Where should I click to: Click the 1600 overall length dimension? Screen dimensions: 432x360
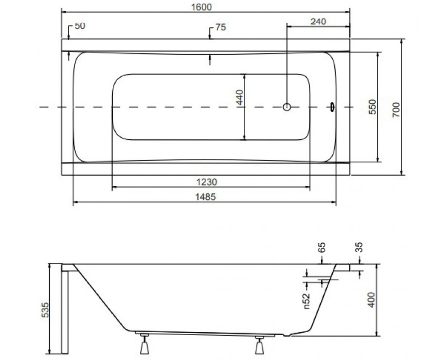202,7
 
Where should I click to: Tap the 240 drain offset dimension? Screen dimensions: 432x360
318,22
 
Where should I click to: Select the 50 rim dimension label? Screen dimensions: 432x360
80,26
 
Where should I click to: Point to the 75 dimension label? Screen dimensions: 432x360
221,27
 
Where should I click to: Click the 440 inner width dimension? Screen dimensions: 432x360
240,97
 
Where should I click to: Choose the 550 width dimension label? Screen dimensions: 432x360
372,107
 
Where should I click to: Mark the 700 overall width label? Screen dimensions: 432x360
396,110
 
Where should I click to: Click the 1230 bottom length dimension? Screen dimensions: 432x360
207,182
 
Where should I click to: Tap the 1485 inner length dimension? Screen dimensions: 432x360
206,197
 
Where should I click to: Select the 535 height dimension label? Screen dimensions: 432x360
45,310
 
